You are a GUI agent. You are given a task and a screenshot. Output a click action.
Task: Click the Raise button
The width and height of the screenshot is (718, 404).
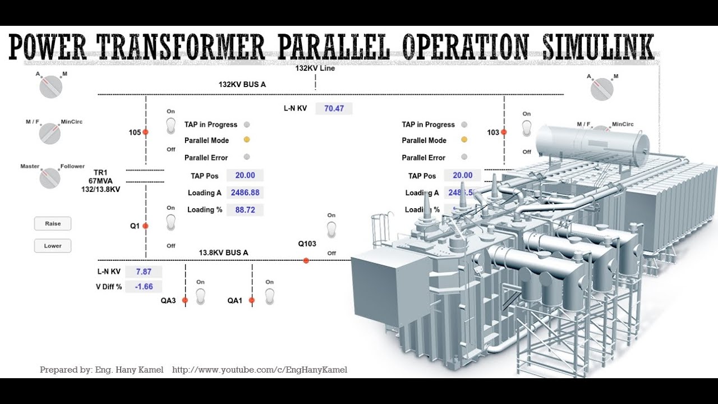point(53,223)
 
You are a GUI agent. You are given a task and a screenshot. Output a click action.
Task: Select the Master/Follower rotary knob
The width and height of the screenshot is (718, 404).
point(50,178)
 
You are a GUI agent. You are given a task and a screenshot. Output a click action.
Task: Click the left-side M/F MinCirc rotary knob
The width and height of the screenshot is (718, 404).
point(50,134)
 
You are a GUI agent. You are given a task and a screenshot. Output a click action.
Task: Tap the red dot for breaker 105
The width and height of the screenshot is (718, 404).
point(145,132)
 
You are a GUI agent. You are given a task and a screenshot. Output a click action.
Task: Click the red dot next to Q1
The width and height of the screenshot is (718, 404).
point(145,226)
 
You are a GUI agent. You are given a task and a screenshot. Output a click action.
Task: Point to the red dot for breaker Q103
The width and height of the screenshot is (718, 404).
point(306,260)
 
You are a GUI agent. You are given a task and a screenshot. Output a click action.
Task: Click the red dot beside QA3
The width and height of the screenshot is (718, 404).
point(185,300)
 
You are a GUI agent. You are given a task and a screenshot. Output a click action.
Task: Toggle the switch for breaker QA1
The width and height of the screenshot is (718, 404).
point(269,296)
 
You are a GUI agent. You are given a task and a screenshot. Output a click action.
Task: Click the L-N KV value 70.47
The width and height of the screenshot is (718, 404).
point(334,108)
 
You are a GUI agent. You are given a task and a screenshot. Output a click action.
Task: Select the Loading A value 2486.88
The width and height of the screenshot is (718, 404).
point(245,192)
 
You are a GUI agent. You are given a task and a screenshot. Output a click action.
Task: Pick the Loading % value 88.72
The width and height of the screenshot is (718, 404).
point(245,210)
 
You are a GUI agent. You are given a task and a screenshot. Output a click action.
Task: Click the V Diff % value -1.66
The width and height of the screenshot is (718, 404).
point(144,287)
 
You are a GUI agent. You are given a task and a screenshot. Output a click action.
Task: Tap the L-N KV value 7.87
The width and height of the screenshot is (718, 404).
point(144,272)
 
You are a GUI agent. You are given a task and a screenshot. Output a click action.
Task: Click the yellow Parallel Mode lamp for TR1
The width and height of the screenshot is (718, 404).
point(246,140)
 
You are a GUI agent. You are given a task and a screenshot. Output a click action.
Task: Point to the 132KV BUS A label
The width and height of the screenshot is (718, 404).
point(242,85)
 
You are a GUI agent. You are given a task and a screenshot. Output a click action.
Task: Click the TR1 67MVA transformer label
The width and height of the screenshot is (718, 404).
point(101,181)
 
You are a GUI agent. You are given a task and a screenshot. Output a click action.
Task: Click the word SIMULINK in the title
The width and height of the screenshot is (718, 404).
point(598,47)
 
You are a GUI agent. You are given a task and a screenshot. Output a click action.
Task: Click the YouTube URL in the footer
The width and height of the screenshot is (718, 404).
point(260,370)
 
